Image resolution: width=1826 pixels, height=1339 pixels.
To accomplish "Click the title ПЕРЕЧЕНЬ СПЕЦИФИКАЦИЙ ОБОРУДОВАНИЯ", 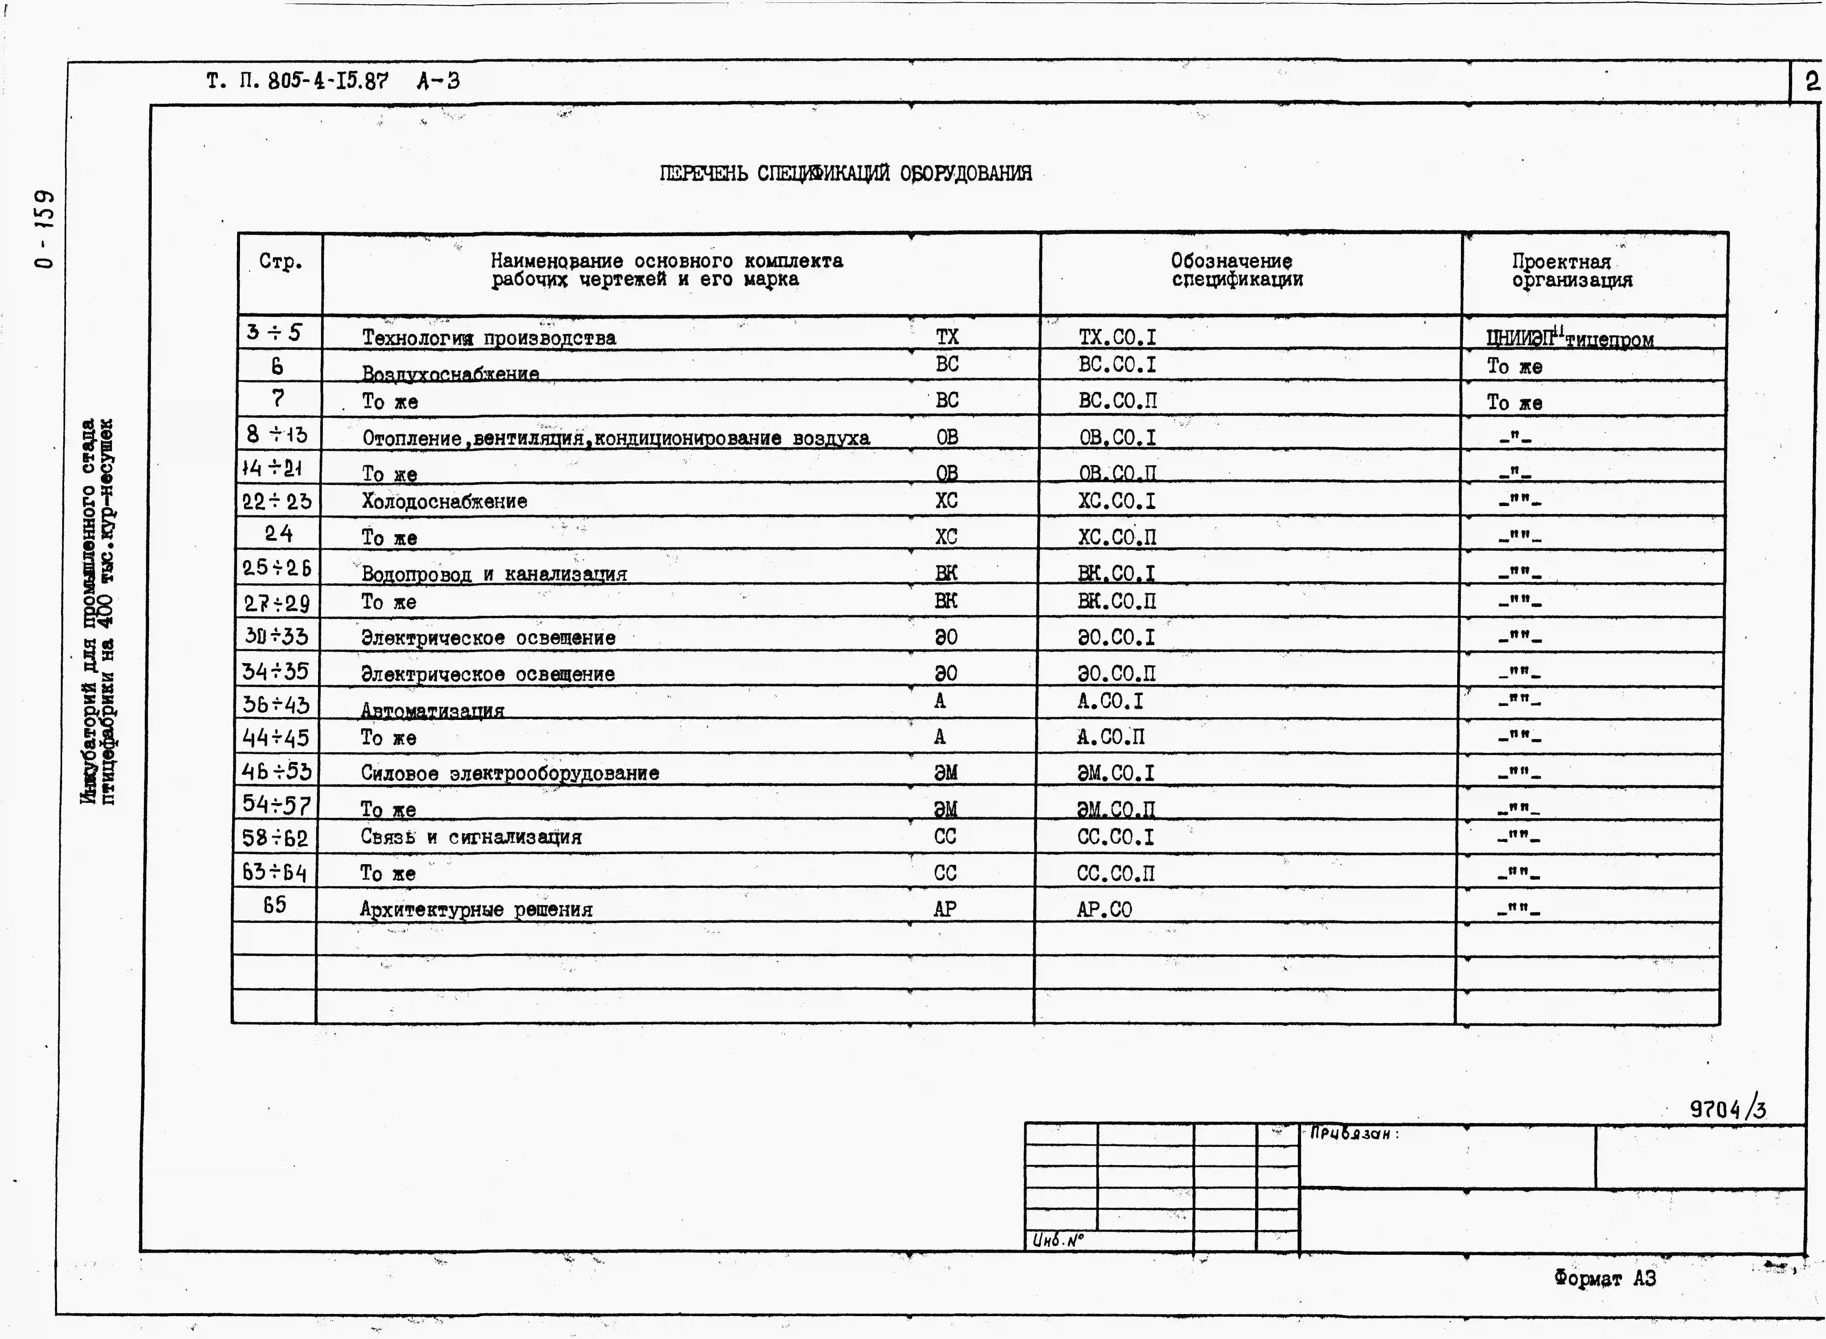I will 845,174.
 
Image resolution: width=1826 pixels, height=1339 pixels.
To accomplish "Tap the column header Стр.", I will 280,262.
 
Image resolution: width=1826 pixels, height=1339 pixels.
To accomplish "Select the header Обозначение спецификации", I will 1237,270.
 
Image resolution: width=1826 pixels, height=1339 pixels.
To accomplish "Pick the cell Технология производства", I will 489,338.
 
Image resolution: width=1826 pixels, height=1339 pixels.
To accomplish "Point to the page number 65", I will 275,905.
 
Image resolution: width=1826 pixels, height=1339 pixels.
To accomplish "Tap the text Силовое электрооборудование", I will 510,773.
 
